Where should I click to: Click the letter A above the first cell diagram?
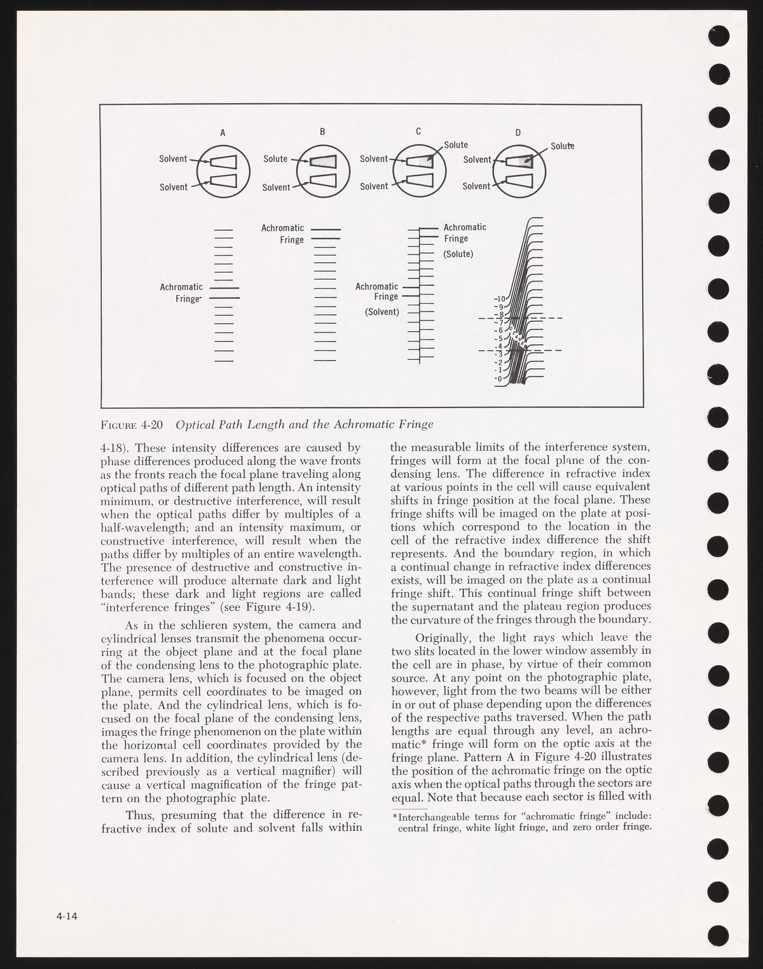pos(223,134)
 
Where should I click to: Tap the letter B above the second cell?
pos(322,132)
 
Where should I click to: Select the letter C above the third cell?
pos(418,132)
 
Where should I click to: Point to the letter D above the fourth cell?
pos(518,133)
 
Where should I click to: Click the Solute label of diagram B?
pos(275,159)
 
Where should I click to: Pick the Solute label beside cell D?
pos(562,146)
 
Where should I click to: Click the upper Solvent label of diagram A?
pos(173,159)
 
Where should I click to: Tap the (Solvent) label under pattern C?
pos(381,312)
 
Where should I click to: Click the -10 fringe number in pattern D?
pos(499,298)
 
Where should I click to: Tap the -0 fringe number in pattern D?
pos(499,379)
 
